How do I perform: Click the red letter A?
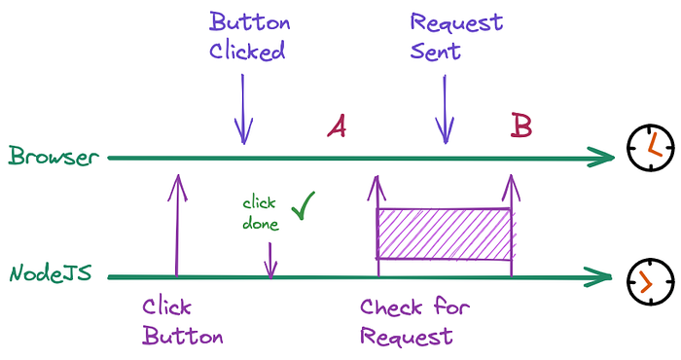pos(337,126)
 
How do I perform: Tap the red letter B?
pos(521,126)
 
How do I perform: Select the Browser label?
pos(54,156)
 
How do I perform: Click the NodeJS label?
pos(51,274)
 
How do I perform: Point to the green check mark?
pos(304,205)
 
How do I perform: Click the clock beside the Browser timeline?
pos(651,147)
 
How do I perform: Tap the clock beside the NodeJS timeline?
pos(651,281)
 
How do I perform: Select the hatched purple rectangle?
pos(445,234)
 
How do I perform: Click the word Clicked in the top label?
pos(247,51)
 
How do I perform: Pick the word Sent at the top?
pos(435,52)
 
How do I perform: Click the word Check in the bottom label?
pos(391,307)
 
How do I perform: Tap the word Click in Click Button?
pos(166,306)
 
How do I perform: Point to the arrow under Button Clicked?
pos(243,109)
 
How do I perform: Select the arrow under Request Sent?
pos(445,109)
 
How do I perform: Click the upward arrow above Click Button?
pos(177,226)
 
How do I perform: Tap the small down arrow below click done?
pos(270,260)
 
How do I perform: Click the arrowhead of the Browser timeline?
pos(601,158)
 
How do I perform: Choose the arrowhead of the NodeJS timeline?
pos(598,276)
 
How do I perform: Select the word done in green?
pos(261,224)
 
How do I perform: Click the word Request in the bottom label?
pos(406,336)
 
